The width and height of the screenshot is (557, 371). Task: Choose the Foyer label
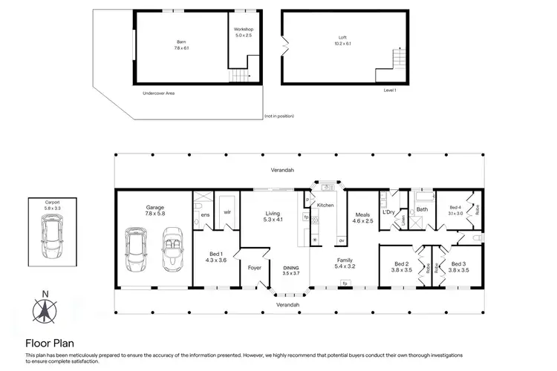pyautogui.click(x=254, y=268)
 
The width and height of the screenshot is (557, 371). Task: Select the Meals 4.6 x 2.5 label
pyautogui.click(x=362, y=217)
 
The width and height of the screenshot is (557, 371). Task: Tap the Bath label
pyautogui.click(x=422, y=210)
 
